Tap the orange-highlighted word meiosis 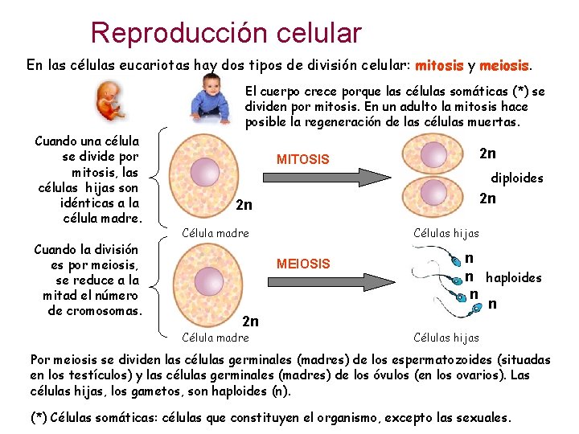507,64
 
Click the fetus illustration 105,102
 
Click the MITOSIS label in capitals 302,159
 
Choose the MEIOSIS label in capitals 302,264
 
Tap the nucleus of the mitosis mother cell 205,170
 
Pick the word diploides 517,178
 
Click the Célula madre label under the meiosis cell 216,338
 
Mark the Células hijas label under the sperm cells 446,338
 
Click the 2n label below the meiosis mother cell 251,321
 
